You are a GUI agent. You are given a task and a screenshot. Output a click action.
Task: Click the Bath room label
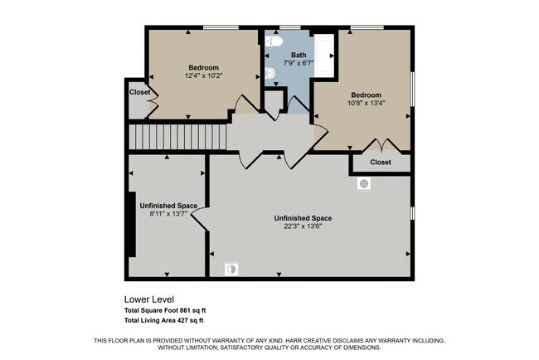pos(298,55)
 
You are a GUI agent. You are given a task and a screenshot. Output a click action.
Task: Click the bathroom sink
pos(270,75)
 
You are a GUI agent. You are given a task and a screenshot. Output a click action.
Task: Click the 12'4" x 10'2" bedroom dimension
pos(203,75)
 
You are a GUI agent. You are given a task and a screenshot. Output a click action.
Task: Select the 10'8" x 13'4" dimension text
pos(365,104)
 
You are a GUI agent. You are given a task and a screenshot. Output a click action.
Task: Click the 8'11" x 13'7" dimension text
pos(168,213)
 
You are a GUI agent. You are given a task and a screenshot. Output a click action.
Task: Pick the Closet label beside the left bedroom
pos(139,92)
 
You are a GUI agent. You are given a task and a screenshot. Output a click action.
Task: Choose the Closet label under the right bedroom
pos(381,163)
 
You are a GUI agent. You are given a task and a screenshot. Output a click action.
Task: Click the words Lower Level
pos(148,299)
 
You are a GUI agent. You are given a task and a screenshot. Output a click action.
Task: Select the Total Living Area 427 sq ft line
pos(163,320)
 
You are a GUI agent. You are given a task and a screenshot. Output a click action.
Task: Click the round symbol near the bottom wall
pos(233,268)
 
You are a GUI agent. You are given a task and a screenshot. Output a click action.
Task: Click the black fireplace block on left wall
pos(130,224)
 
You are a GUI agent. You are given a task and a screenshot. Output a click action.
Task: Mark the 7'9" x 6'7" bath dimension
pos(299,64)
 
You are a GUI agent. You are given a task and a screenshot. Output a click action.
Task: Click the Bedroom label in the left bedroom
pos(203,67)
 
